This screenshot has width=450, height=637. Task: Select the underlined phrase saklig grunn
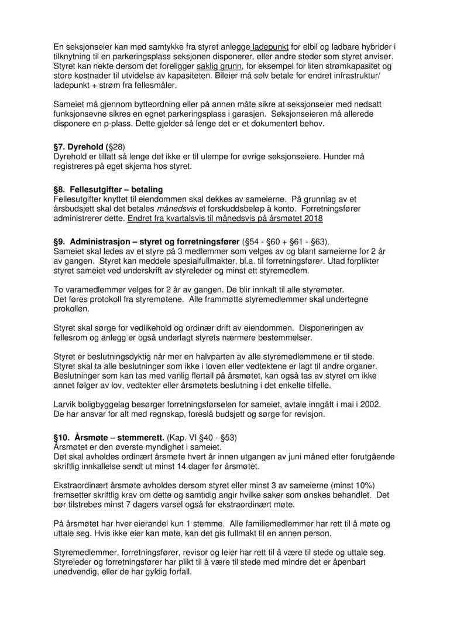(x=218, y=66)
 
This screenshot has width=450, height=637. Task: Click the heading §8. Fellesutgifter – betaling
(x=108, y=190)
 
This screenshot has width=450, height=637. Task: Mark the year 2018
(x=312, y=219)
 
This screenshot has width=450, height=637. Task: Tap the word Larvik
(x=65, y=404)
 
